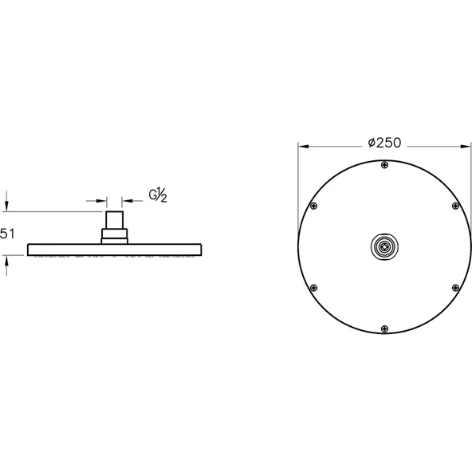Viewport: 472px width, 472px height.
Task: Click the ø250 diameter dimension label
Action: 385,143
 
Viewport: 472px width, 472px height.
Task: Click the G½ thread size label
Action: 158,195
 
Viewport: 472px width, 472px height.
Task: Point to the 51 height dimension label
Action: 7,234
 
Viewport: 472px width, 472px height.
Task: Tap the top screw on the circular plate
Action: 385,165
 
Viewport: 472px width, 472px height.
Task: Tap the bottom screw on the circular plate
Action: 385,328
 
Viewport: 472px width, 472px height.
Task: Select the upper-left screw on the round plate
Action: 313,206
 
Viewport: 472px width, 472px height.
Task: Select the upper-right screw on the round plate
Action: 456,206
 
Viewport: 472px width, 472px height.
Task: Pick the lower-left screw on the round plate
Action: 313,288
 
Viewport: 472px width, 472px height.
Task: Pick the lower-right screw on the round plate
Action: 456,288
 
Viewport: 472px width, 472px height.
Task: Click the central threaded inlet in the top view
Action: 385,247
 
